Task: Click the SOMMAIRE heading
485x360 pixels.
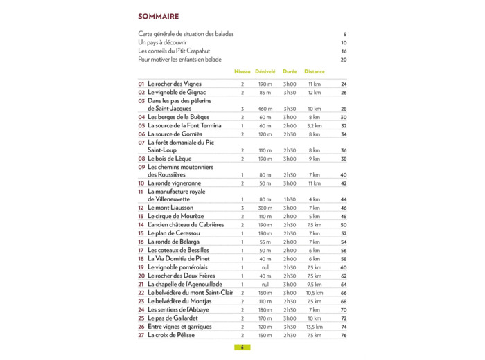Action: pos(158,16)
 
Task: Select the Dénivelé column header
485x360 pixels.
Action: pos(265,71)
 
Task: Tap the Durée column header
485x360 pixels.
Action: pos(290,71)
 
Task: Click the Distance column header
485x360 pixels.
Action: pos(314,71)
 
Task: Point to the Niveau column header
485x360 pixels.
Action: pos(242,71)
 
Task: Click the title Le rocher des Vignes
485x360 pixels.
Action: pos(175,84)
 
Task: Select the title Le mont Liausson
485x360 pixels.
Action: pos(170,208)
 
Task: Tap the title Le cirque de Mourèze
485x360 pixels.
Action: pos(176,216)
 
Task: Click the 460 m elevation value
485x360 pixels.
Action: pos(265,109)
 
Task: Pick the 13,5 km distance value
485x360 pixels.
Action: pos(315,327)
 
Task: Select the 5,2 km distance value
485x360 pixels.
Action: pos(315,126)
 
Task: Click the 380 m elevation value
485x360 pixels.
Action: pos(265,208)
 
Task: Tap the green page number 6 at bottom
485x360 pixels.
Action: pos(242,348)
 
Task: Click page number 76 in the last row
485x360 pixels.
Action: pos(344,336)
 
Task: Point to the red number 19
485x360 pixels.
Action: pos(141,267)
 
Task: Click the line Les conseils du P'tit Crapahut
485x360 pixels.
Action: pos(174,51)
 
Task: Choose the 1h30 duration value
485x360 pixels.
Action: pos(290,199)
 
